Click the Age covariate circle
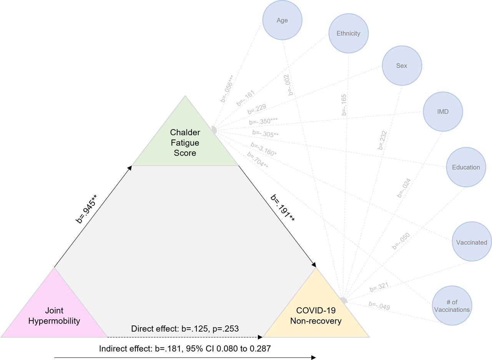point(282,20)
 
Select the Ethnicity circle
point(348,33)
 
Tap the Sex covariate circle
point(402,65)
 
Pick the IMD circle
point(443,112)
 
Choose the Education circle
point(466,167)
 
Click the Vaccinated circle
point(471,242)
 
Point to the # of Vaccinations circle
point(452,306)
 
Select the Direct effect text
point(185,329)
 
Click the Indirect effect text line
point(185,349)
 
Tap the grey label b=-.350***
point(263,121)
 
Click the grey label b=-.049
point(379,306)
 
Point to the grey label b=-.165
point(344,105)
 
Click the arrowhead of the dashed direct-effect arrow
point(260,337)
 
